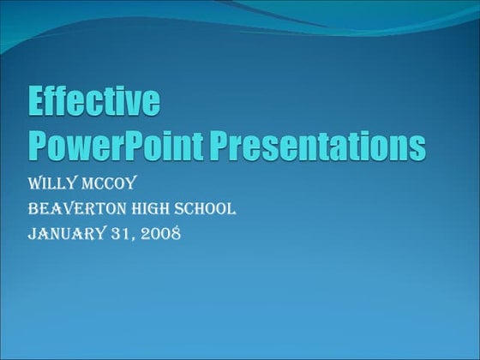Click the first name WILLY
[x=57, y=184]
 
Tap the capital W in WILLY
[x=37, y=184]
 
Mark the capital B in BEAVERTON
[x=34, y=208]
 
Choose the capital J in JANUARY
[x=33, y=232]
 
